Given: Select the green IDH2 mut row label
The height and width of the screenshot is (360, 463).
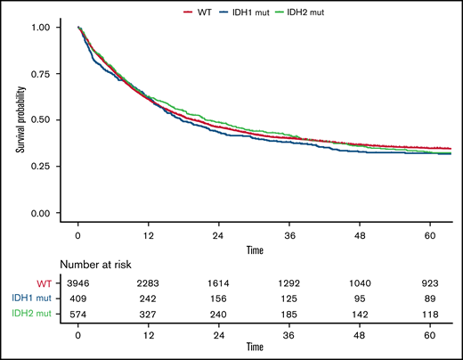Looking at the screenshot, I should tap(34, 312).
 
